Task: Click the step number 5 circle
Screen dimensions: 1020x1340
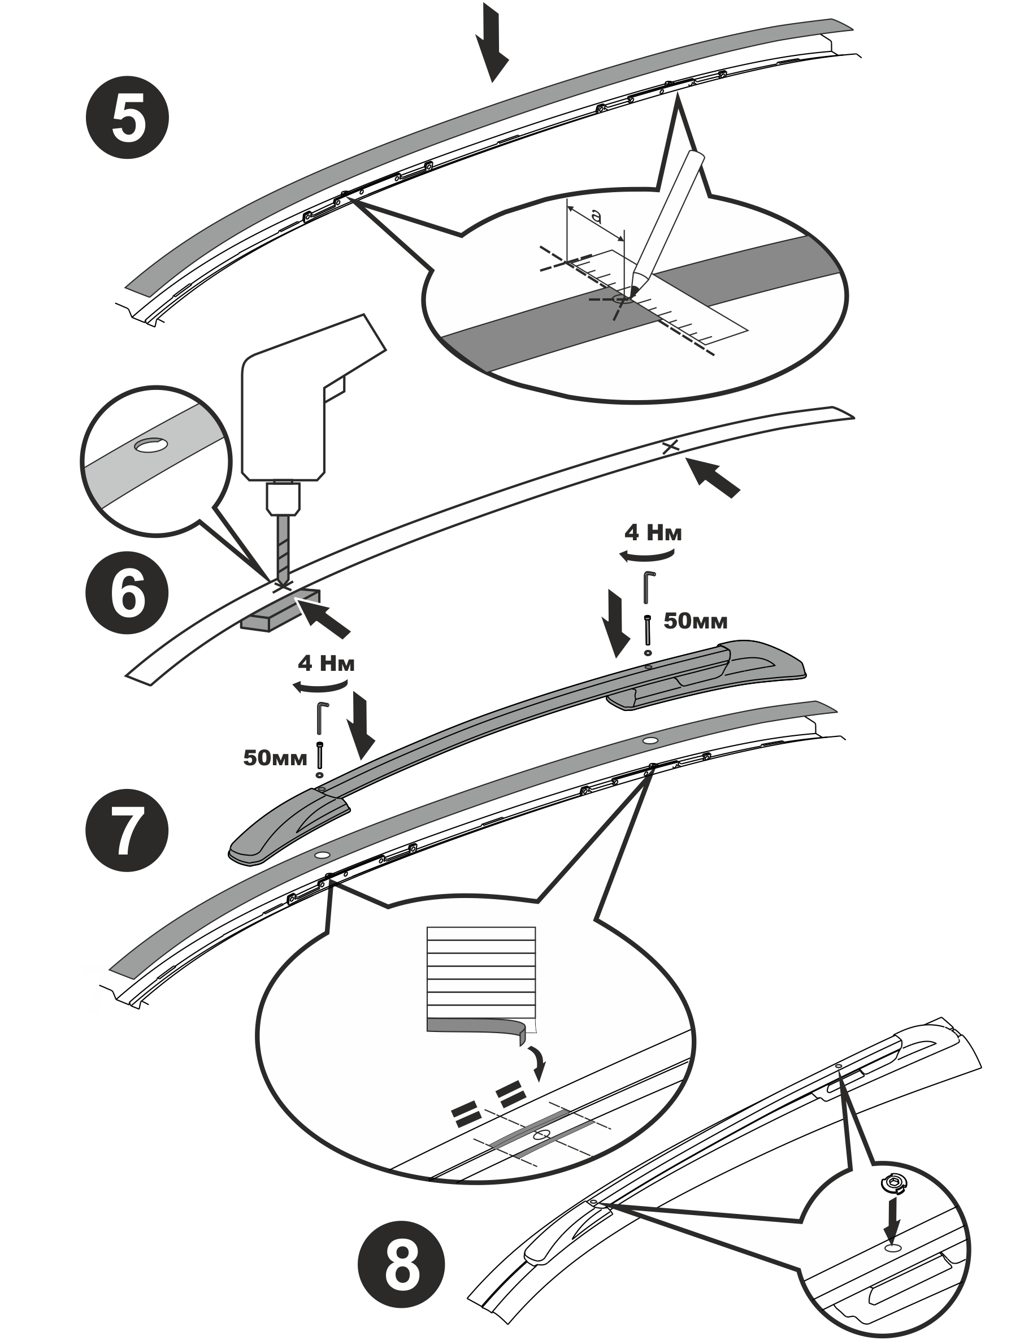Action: pos(127,117)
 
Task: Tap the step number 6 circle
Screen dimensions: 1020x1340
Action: pos(127,592)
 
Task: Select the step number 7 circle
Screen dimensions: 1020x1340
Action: pos(127,830)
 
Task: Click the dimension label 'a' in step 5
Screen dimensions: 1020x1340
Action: pos(597,216)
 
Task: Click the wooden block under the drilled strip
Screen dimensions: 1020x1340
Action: pos(280,610)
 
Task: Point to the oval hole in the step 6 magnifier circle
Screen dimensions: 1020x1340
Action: pos(151,446)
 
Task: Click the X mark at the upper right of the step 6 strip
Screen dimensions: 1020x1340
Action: pos(670,448)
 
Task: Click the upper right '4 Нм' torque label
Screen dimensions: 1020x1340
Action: pos(653,533)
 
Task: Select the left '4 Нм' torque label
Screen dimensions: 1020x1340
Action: pos(326,664)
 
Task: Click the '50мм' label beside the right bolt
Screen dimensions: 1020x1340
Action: pos(695,621)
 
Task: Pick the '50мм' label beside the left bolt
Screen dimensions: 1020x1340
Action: pos(275,758)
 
